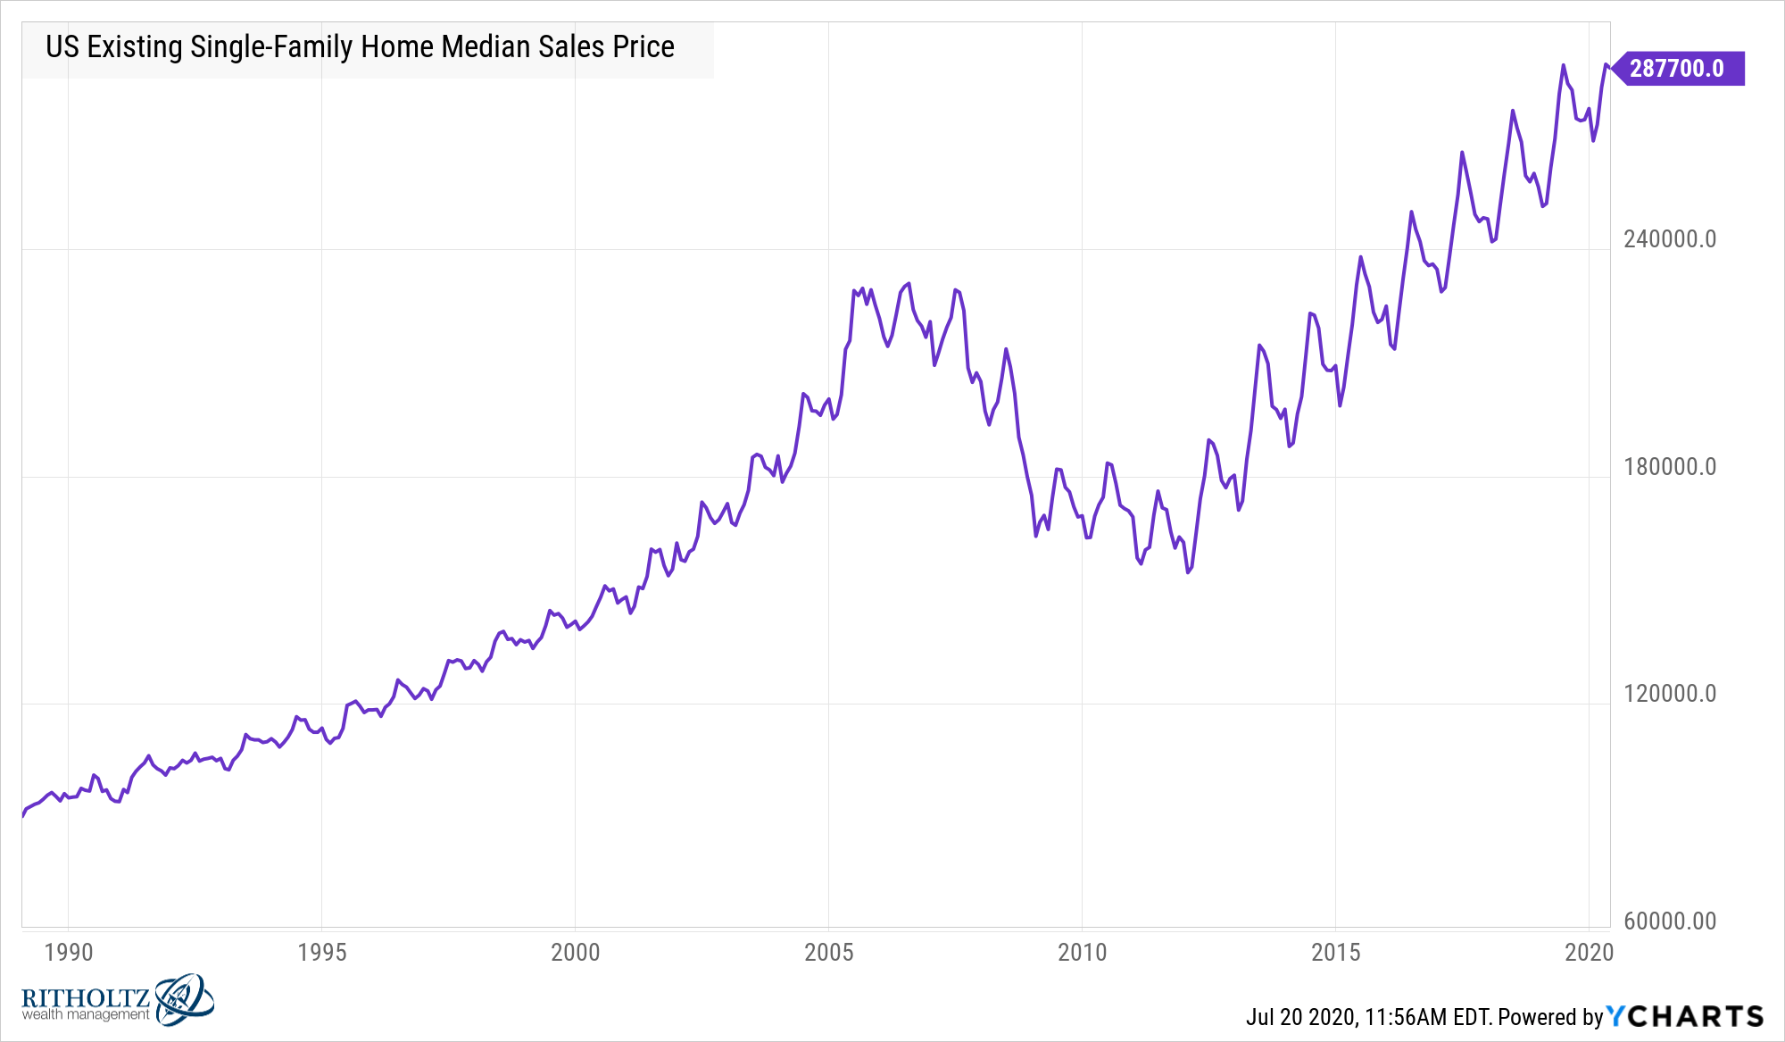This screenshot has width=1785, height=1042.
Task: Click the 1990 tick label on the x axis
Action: [69, 952]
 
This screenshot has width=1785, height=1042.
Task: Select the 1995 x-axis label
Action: [322, 952]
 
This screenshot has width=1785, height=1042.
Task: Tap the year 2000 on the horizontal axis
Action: [576, 952]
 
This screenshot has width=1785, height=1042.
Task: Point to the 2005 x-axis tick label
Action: [829, 952]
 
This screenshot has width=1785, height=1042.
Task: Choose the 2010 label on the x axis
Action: [1083, 952]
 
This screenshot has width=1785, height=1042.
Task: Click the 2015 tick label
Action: [1336, 952]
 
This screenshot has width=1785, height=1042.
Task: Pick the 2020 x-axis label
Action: [1590, 952]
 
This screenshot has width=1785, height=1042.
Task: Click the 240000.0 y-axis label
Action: [1670, 239]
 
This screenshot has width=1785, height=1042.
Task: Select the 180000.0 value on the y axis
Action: [1670, 467]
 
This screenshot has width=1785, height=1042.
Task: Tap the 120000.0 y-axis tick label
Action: [1670, 694]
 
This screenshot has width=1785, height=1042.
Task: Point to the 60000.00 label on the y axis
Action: [1670, 921]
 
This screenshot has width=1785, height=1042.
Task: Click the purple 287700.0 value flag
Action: [1677, 69]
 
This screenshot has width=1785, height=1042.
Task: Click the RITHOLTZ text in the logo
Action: [86, 997]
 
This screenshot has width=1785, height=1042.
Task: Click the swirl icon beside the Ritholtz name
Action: [184, 999]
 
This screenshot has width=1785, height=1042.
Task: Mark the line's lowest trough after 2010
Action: [1188, 571]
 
